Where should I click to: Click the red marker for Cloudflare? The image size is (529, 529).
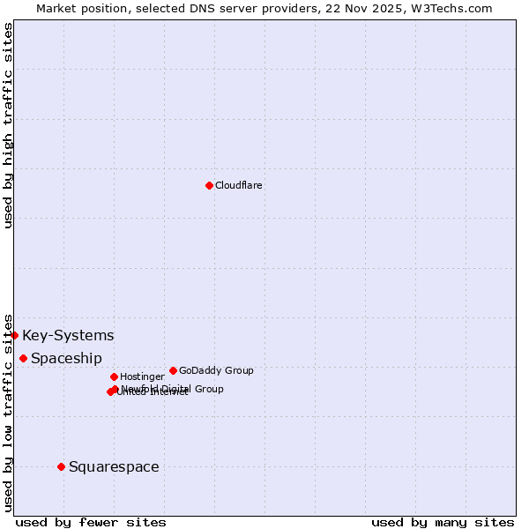(209, 185)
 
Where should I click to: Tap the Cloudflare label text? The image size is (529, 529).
(239, 186)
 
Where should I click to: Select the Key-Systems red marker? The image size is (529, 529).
(14, 335)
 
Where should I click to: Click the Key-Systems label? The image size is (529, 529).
(68, 335)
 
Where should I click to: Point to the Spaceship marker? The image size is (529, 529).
(23, 358)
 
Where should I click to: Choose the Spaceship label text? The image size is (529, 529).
(66, 359)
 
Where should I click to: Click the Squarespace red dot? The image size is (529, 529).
(61, 466)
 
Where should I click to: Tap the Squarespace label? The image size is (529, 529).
(114, 467)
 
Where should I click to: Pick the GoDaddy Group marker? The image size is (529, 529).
(173, 370)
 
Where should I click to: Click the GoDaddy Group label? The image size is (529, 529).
(216, 371)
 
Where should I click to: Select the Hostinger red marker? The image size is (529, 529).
(114, 376)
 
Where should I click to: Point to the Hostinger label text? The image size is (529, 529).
(142, 377)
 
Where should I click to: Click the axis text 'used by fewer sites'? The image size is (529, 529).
(91, 522)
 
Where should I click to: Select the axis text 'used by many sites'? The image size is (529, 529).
(443, 522)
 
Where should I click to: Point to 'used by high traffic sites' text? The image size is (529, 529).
(9, 125)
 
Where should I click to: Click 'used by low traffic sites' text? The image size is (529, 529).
(9, 412)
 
